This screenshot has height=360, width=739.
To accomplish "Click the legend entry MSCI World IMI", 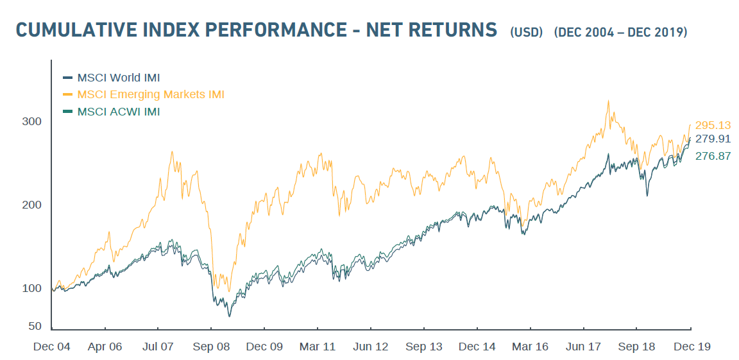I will [x=119, y=78].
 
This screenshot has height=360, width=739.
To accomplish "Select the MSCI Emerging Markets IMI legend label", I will [x=151, y=95].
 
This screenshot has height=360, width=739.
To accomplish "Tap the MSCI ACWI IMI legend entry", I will [x=119, y=112].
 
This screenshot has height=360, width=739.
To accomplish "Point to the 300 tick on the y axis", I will [x=33, y=121].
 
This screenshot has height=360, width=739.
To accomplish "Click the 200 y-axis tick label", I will [x=33, y=205].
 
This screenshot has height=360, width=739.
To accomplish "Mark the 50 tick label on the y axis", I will [x=35, y=326].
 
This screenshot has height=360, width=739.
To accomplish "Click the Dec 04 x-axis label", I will [x=51, y=347].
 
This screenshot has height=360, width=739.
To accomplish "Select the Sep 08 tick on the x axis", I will [x=211, y=347].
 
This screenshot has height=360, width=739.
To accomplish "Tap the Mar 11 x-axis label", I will [x=318, y=347].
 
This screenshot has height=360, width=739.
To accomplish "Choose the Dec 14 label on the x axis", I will [x=477, y=347].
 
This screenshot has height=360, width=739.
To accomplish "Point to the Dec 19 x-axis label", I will [x=692, y=347].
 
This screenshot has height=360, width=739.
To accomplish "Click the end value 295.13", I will [x=713, y=125].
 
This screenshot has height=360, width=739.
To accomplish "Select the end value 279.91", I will [x=713, y=139].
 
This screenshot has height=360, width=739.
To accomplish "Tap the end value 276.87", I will [x=713, y=155].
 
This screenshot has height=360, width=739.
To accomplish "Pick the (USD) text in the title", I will [x=527, y=32].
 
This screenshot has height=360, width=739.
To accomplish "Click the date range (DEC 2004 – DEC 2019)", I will [x=621, y=32].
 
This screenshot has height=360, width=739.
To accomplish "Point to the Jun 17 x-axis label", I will [x=584, y=347].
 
